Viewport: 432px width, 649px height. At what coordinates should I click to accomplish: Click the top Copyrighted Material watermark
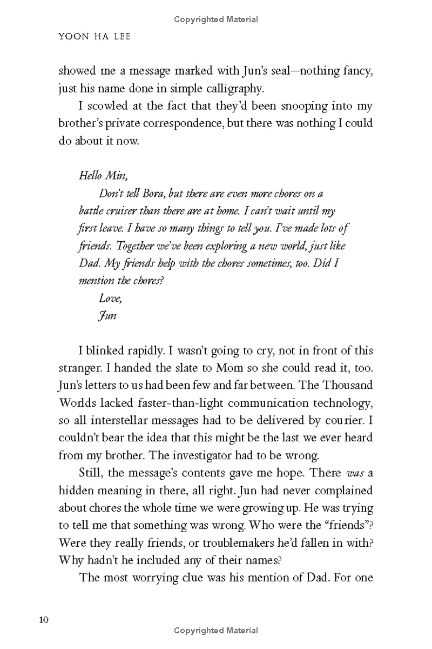216,19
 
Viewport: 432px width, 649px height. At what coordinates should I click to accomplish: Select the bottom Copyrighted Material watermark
216,631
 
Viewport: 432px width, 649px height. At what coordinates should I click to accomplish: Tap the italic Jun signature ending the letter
108,316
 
